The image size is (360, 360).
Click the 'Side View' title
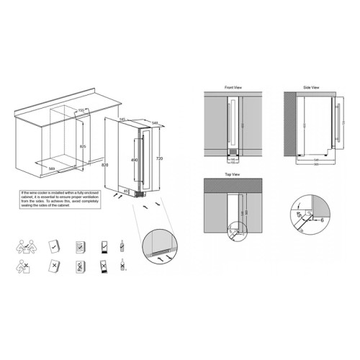tap(310, 86)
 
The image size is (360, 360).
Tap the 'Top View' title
tap(233, 174)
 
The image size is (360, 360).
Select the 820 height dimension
tap(106, 165)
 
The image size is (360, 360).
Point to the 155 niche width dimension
tap(81, 109)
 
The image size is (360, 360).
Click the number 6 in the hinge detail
tap(323, 221)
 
